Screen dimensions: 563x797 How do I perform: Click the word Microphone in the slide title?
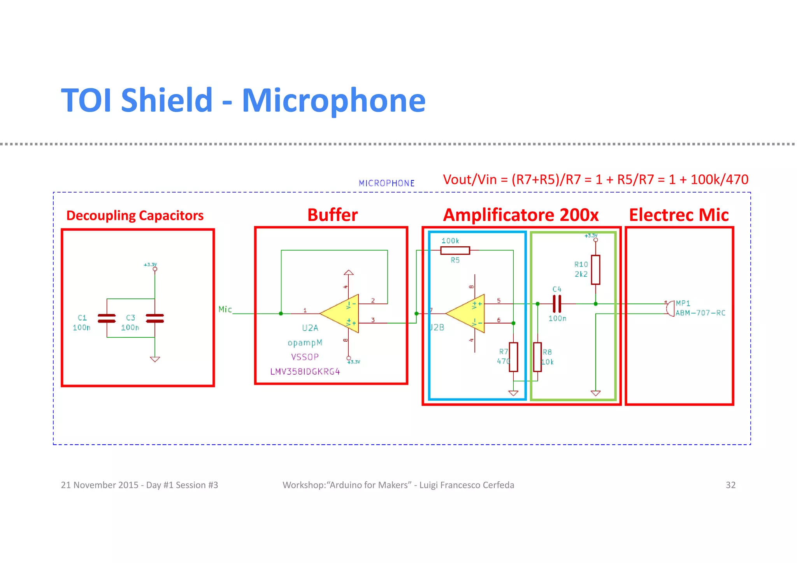click(334, 100)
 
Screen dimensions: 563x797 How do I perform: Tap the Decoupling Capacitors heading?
click(135, 216)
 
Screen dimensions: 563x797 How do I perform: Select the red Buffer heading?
click(332, 215)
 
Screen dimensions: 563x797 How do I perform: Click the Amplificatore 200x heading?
click(520, 215)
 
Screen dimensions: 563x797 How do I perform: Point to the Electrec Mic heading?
click(679, 215)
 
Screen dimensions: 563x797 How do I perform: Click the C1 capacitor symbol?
click(107, 318)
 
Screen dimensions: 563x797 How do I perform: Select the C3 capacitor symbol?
click(155, 318)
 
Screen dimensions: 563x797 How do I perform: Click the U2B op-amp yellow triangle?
click(467, 314)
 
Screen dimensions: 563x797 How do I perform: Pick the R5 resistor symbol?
click(455, 251)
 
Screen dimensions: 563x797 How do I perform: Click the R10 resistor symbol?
click(595, 270)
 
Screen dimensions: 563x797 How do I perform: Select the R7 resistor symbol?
click(513, 357)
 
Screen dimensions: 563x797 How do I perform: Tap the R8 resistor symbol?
click(537, 357)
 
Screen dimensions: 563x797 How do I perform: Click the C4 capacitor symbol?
click(557, 303)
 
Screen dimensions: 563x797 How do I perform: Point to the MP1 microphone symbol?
click(670, 309)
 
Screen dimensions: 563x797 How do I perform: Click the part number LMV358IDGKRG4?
click(305, 372)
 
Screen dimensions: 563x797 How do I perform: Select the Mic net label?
click(225, 309)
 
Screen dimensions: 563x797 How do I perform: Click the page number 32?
click(730, 485)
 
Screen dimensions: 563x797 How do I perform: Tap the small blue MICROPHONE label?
click(386, 183)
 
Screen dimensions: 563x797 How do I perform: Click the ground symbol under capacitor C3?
click(155, 359)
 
